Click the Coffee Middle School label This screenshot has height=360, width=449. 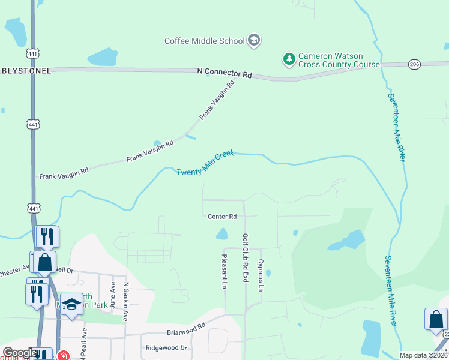click(x=205, y=41)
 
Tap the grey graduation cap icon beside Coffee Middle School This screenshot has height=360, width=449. click(x=254, y=40)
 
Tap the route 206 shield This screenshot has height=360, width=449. click(x=414, y=63)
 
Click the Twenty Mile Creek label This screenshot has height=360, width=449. click(x=205, y=163)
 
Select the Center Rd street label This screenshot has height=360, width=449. click(x=222, y=217)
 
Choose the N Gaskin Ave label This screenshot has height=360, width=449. click(x=126, y=301)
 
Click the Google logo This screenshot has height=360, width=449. click(x=19, y=353)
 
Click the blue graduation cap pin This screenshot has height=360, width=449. click(x=71, y=304)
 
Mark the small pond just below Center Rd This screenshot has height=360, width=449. click(x=222, y=233)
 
